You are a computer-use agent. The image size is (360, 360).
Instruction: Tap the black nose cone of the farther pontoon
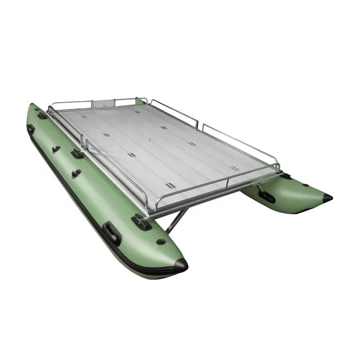click(327, 197)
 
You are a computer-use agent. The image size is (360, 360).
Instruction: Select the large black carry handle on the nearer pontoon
click(112, 233)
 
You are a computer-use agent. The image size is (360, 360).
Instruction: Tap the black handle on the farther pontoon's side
click(266, 196)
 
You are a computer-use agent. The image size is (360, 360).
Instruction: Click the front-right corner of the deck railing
click(278, 166)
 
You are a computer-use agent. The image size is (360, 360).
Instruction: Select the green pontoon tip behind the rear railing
click(141, 101)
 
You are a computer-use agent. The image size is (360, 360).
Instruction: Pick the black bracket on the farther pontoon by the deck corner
click(286, 176)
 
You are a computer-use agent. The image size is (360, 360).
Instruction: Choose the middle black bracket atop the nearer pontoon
click(77, 154)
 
